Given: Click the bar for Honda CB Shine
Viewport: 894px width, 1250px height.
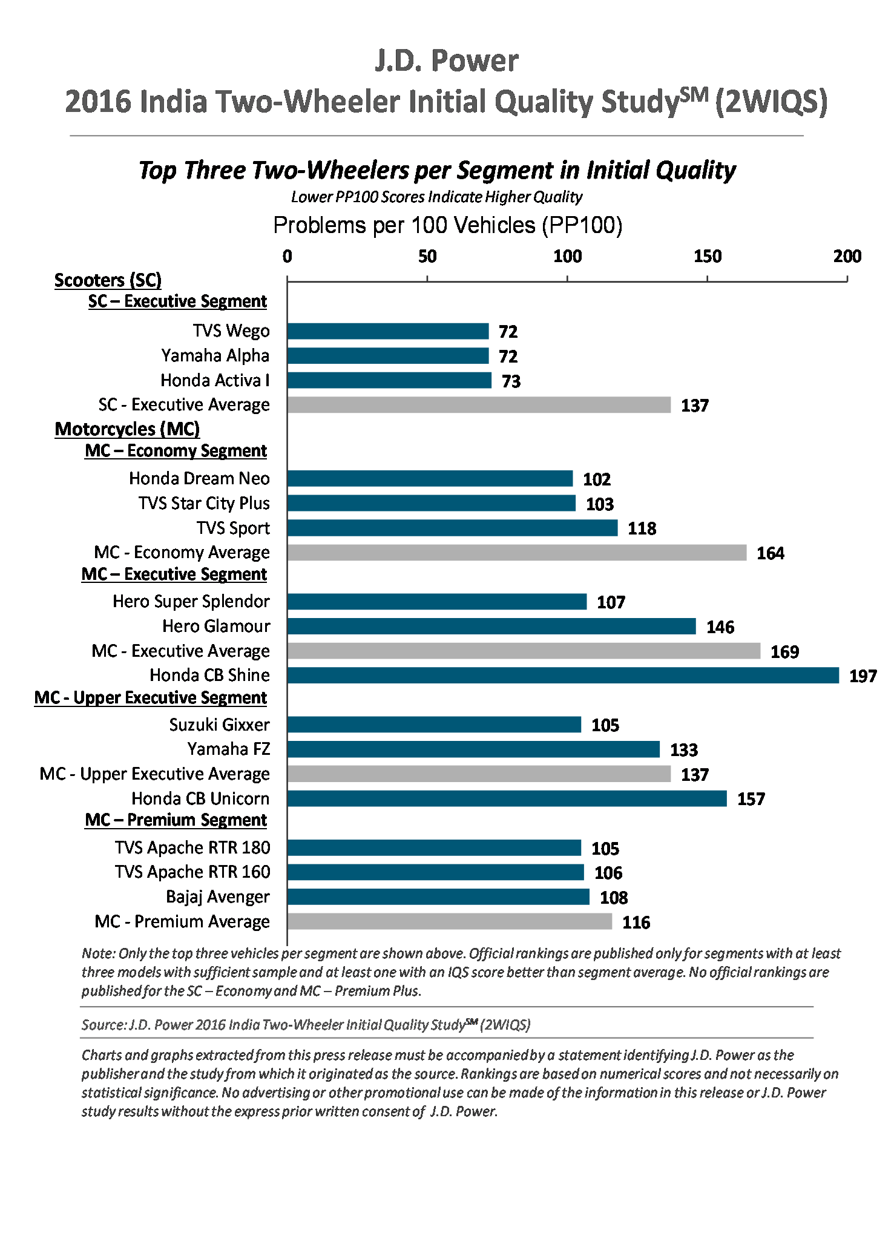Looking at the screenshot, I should (x=563, y=676).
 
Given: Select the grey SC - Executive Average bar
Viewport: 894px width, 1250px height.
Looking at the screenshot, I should (x=479, y=405).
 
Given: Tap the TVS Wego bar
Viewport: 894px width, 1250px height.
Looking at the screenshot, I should (x=388, y=331).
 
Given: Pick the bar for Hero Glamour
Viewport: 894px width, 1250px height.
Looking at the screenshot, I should (x=491, y=627).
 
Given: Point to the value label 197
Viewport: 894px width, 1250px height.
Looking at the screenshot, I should (x=863, y=676).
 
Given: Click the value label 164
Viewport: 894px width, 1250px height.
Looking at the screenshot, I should (x=770, y=553).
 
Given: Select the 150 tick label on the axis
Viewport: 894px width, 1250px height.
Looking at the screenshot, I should (x=707, y=257).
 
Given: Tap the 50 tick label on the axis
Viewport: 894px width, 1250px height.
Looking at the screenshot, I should (x=427, y=257).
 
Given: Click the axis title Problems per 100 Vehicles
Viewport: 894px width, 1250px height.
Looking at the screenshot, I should (x=447, y=225).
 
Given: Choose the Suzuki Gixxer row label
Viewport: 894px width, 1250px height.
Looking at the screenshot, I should (x=219, y=725).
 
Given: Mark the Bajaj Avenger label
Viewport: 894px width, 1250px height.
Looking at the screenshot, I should (x=217, y=897).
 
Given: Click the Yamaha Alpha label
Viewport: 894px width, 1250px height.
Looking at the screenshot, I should (x=215, y=356).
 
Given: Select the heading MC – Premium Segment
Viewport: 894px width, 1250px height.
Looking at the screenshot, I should (x=176, y=820).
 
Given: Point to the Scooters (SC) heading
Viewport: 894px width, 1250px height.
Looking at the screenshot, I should (x=108, y=280).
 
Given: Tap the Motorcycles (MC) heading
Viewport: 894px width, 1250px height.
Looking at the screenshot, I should (x=127, y=429).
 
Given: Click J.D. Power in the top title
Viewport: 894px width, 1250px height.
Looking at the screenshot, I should (x=446, y=61).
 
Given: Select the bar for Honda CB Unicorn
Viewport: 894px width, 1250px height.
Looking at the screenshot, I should (x=507, y=799).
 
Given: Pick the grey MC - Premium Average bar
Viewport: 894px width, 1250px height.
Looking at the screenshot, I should (x=449, y=922).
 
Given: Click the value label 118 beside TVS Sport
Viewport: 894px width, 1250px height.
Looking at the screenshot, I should (x=642, y=528).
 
